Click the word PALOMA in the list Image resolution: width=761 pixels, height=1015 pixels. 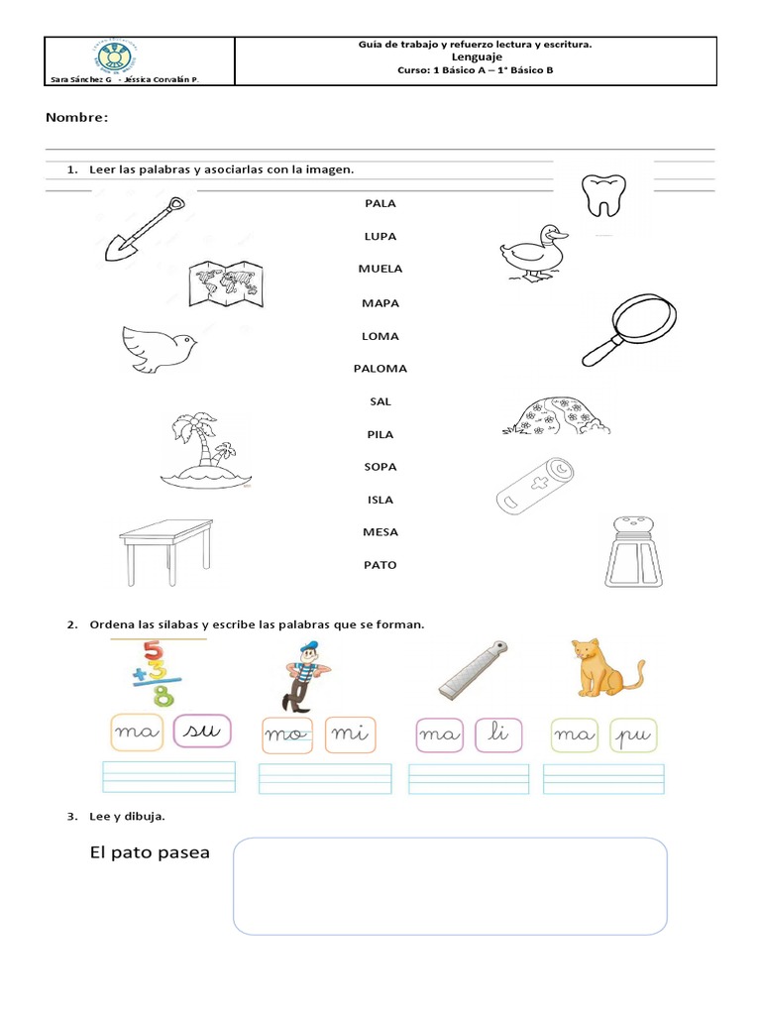pos(380,369)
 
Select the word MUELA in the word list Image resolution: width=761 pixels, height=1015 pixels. pos(380,269)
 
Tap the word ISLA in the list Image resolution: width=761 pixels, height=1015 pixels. pos(380,500)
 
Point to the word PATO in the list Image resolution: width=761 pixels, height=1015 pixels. pos(380,565)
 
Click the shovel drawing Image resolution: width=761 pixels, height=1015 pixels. pos(145,228)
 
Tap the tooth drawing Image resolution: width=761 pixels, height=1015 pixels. pos(602,194)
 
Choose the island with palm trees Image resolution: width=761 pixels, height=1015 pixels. pos(203,452)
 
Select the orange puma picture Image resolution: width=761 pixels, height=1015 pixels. pos(605,668)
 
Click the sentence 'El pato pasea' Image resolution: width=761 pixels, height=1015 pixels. pos(149,852)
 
